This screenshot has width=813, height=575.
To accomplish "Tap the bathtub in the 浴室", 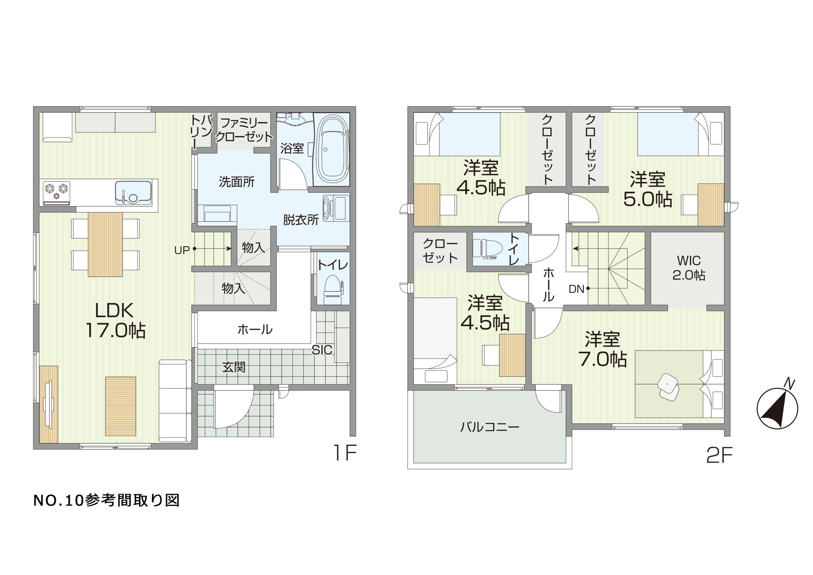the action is [x=332, y=149].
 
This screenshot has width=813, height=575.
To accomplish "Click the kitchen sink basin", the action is [x=133, y=193].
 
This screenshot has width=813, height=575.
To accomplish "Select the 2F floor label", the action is [x=720, y=456].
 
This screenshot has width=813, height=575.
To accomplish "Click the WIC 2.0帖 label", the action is [x=689, y=268].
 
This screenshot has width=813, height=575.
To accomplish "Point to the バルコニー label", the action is [x=489, y=427].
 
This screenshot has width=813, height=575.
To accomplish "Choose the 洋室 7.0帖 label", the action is [x=602, y=349].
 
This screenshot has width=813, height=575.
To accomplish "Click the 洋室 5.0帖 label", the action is [x=647, y=189].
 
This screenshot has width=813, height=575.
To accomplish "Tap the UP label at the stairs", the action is [x=182, y=250].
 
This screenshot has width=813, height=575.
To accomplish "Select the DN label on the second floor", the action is [x=576, y=289].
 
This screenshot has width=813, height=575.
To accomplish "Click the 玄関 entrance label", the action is [x=234, y=367].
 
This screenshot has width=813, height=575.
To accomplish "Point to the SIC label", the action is [x=322, y=350].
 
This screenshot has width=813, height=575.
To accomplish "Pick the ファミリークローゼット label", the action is [x=244, y=130].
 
